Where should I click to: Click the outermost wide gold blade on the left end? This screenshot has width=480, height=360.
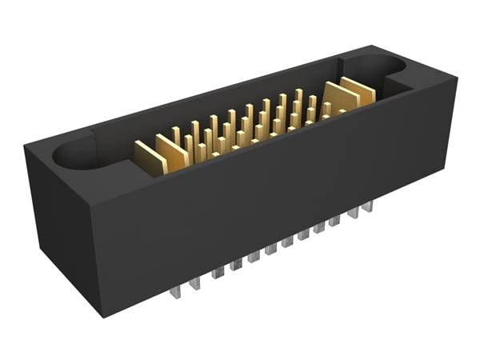(x=149, y=158)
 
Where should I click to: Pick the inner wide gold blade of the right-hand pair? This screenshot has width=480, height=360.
(x=340, y=98)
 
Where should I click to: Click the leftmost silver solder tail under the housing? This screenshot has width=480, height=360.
(x=176, y=291)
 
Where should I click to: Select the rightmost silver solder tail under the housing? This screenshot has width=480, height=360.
(x=367, y=206)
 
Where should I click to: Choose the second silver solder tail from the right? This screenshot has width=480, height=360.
(x=353, y=213)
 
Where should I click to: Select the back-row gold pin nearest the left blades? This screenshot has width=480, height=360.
(x=177, y=136)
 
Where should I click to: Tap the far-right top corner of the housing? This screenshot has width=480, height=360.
(x=457, y=78)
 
